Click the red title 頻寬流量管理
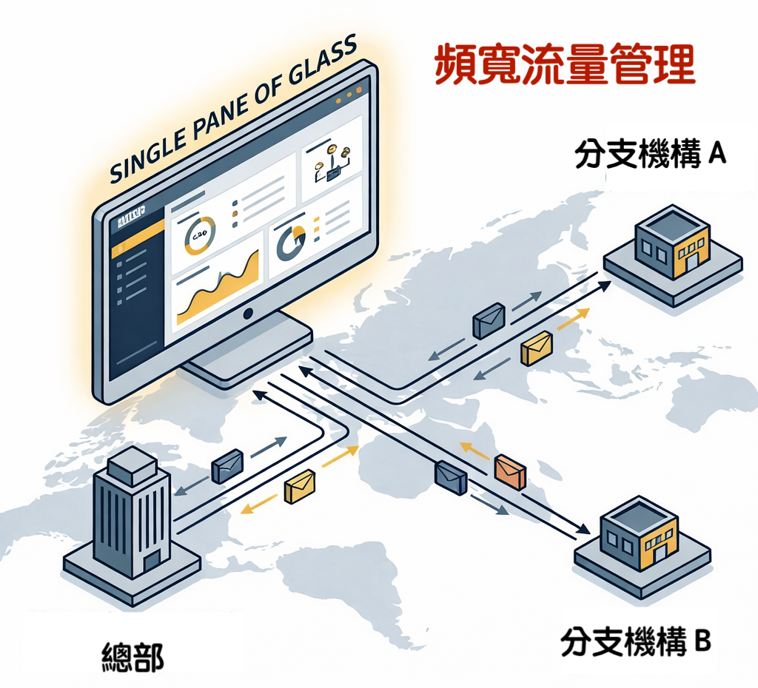click(565, 65)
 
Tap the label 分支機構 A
click(650, 155)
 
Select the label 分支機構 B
click(635, 641)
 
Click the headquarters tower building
click(131, 518)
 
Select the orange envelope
click(510, 471)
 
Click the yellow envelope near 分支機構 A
click(537, 348)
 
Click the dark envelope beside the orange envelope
click(450, 477)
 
